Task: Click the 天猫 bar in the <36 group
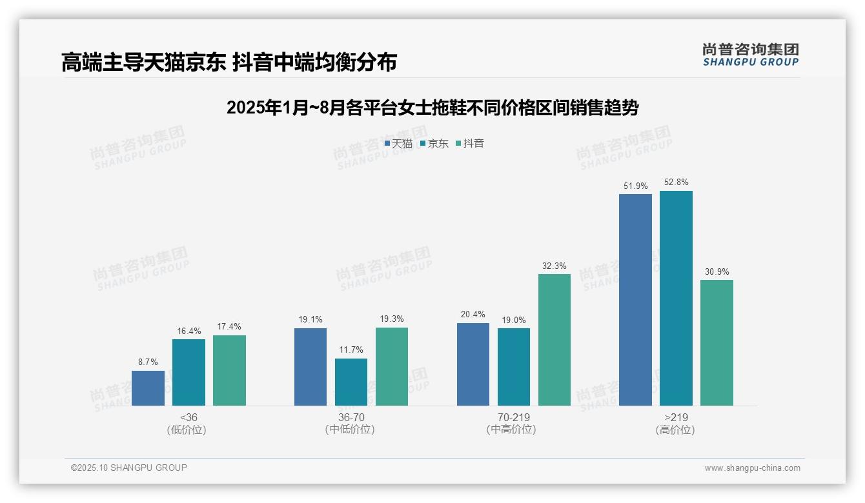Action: [x=148, y=388]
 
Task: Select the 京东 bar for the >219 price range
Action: [x=676, y=298]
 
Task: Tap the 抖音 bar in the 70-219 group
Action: [x=554, y=340]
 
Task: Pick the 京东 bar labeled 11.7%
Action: [x=351, y=382]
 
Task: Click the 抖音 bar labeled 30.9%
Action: [x=717, y=342]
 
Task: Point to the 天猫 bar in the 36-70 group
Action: [x=310, y=366]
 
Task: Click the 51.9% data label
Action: [x=635, y=186]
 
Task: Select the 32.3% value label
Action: [x=554, y=266]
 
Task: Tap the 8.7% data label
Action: [x=148, y=362]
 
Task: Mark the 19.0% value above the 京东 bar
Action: [x=514, y=320]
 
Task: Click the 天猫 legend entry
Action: [x=398, y=144]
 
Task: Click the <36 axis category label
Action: [x=188, y=417]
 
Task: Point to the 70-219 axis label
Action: [x=514, y=417]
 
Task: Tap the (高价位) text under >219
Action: [x=675, y=430]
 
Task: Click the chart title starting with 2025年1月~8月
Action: [x=432, y=108]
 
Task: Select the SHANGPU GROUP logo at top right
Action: [x=750, y=55]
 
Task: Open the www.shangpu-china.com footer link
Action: [x=752, y=468]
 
